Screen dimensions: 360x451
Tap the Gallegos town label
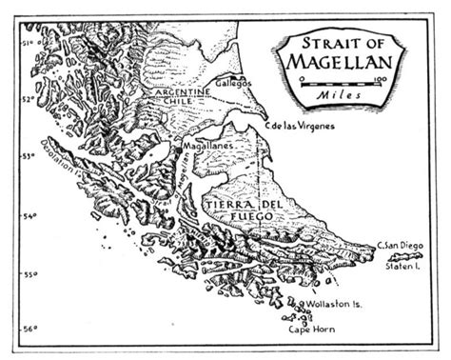(x=233, y=84)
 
